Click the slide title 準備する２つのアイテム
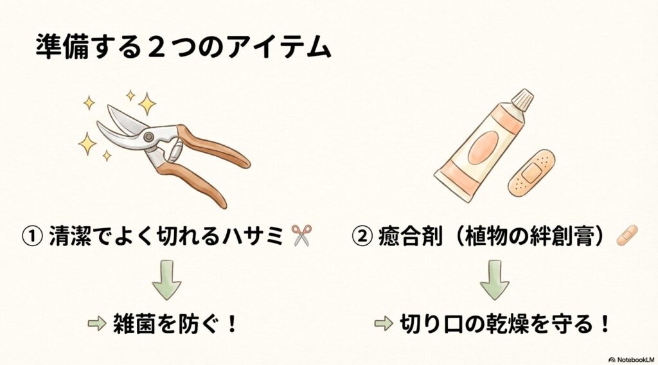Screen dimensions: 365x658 [182, 48]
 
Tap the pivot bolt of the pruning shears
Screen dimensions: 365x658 [149, 137]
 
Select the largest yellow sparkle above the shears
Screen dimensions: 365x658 [147, 103]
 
